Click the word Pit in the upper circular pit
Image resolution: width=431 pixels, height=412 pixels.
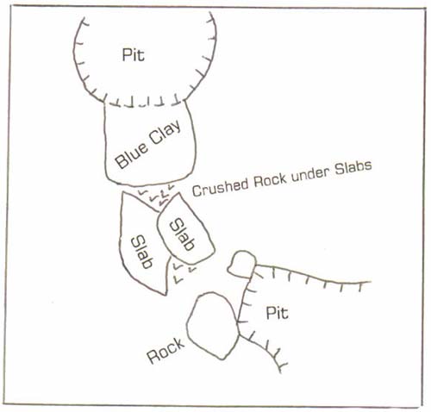(133, 54)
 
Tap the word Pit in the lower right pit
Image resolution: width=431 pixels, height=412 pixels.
(277, 313)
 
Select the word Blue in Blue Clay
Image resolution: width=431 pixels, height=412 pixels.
(132, 154)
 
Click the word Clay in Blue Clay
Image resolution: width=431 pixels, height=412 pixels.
(166, 132)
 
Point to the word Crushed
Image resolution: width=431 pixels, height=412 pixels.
(221, 188)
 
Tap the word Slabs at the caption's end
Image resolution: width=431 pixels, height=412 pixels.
(353, 168)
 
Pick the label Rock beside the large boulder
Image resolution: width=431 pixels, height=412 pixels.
(166, 351)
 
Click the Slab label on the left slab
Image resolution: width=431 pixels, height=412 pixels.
(141, 252)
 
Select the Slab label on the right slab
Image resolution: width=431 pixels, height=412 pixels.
(182, 234)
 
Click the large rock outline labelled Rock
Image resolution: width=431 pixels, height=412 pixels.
(238, 325)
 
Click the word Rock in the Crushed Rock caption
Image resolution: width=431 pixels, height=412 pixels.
(270, 181)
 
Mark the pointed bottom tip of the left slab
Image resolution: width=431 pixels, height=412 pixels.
(166, 295)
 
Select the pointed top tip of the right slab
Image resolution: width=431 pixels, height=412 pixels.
(179, 193)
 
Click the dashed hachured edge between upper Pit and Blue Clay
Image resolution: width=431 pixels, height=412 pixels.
(145, 103)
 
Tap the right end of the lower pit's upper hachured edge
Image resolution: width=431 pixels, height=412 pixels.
(371, 282)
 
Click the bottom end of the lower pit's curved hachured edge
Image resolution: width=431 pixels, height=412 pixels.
(281, 372)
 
